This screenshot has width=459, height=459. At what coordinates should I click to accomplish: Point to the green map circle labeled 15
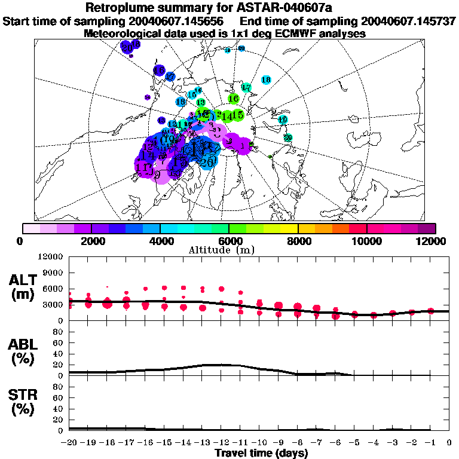(237, 114)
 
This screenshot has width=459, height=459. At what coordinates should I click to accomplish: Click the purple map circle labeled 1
(243, 145)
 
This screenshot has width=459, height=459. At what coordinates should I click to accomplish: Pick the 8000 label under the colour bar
(298, 241)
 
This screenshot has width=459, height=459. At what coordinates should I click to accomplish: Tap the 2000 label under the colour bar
(91, 241)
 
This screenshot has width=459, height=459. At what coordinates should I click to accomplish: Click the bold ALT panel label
(25, 280)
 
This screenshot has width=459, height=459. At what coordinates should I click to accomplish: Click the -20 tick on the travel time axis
(69, 443)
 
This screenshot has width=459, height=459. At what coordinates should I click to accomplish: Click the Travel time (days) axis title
(261, 453)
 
